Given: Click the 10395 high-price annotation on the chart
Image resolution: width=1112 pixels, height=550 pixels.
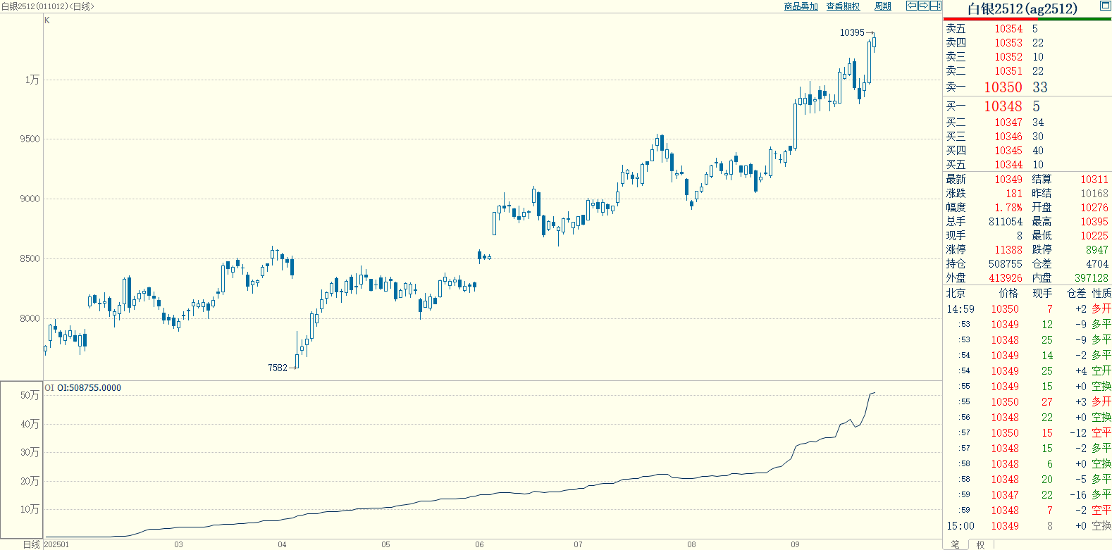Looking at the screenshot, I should (851, 32).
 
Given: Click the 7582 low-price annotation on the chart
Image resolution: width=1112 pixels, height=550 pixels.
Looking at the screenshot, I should (278, 368).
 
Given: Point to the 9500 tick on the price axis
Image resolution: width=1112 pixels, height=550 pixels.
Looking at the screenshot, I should (30, 139).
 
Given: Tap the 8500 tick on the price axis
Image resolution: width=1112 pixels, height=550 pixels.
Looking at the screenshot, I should (30, 259).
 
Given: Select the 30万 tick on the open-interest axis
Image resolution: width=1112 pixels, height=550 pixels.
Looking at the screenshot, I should (30, 453).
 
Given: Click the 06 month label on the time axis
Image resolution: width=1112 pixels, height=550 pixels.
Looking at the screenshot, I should (479, 544).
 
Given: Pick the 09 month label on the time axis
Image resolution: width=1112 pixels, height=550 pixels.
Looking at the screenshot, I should (795, 544).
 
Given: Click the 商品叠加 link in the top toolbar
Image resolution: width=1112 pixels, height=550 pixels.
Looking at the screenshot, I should (801, 6).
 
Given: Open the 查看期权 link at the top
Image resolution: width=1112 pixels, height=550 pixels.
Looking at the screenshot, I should (843, 6).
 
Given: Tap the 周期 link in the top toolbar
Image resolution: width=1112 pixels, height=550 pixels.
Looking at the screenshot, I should (882, 6).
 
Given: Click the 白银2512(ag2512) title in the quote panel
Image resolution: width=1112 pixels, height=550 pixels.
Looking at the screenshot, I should (1022, 9).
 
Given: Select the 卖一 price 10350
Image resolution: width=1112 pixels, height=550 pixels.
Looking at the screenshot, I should (1003, 87).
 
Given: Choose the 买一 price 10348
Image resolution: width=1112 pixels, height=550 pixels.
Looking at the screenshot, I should (1003, 106).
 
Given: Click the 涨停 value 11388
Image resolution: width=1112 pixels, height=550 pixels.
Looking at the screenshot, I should (1008, 250).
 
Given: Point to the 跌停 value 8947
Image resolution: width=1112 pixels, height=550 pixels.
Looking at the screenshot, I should (1096, 250).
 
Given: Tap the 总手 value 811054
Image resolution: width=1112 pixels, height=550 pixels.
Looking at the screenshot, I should (1005, 222).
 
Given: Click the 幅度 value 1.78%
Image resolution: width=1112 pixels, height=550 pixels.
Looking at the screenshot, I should (1008, 208).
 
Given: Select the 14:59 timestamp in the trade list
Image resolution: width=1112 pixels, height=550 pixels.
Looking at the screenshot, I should (960, 309).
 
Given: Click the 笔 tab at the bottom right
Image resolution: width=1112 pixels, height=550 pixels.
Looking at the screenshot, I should (955, 544).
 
